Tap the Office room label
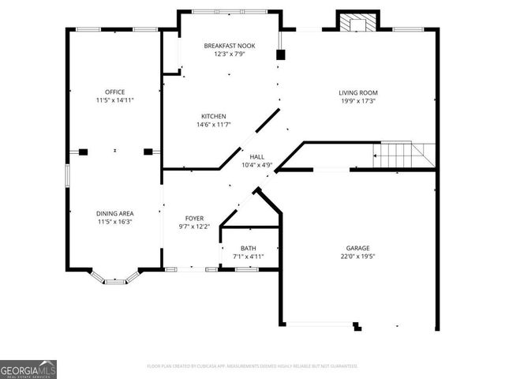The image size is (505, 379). [x=115, y=92]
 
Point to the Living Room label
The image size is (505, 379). [x=357, y=92]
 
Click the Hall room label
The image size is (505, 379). [x=256, y=156]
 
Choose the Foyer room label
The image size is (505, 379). [x=194, y=218]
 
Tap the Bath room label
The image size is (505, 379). [x=248, y=248]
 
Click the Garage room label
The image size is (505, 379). [x=357, y=248]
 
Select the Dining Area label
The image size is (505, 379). [x=115, y=213]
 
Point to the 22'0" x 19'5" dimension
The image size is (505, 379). [x=357, y=257]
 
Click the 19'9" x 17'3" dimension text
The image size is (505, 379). [x=357, y=101]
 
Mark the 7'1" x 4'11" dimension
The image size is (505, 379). [x=248, y=257]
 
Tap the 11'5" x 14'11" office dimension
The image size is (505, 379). [x=115, y=101]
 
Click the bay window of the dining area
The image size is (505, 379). [x=115, y=278]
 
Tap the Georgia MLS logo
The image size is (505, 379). [x=28, y=370]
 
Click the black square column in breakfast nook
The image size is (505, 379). [x=279, y=55]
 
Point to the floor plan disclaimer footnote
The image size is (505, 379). [x=252, y=366]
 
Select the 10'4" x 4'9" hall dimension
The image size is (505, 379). [x=256, y=165]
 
